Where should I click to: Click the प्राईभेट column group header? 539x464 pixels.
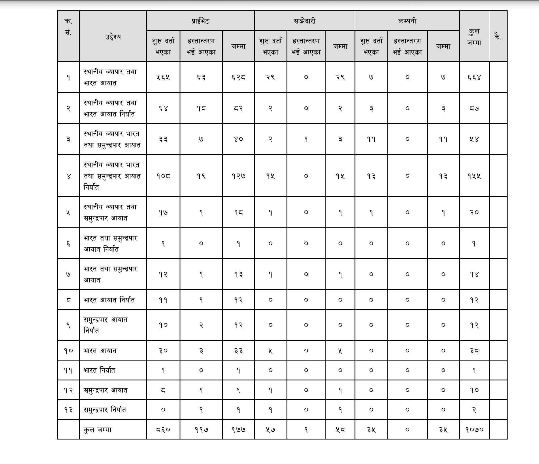(200, 21)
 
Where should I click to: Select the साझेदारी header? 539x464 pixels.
(304, 21)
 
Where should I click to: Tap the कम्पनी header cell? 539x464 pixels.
(407, 21)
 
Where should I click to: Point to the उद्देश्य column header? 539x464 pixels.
(113, 37)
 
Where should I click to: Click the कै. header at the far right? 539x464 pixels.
(498, 37)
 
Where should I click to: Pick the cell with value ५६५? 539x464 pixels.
(163, 77)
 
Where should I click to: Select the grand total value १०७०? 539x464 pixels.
(474, 430)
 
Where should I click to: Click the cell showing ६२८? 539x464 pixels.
(238, 77)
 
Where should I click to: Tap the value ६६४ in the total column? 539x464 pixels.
(474, 77)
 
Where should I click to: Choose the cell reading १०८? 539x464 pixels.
(163, 176)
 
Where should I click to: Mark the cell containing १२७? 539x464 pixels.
(238, 176)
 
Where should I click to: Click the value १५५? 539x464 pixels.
(474, 176)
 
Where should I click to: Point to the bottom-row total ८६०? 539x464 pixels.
(163, 430)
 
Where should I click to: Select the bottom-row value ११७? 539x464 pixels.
(201, 430)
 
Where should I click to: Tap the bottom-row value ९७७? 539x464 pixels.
(238, 430)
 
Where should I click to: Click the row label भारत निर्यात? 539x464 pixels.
(99, 370)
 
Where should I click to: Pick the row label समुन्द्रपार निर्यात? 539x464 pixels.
(105, 410)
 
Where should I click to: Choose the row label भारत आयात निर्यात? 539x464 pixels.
(109, 300)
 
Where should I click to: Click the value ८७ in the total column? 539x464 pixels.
(474, 108)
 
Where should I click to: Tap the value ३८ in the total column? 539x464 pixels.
(474, 351)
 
